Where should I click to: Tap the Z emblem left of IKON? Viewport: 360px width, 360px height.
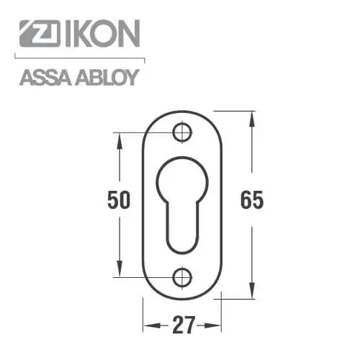(40, 33)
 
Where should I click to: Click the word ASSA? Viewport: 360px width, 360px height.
(46, 78)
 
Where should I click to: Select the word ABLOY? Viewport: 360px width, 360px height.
(107, 78)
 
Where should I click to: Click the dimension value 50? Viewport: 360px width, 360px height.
(119, 199)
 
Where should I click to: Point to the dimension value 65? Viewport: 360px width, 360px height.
(252, 199)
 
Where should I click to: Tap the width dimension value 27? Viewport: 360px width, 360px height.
(183, 325)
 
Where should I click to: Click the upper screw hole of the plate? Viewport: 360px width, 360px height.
(182, 132)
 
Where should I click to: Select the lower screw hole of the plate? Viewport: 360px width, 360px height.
(182, 277)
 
